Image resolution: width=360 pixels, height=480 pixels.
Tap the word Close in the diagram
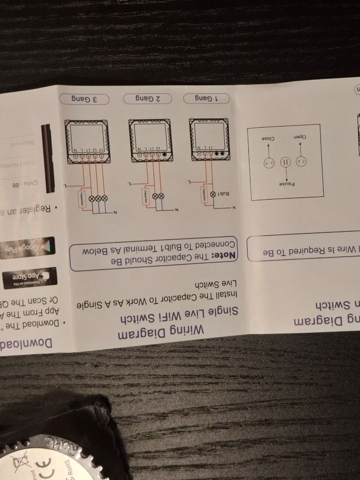tap(268, 138)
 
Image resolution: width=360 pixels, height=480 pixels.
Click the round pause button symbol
tap(284, 162)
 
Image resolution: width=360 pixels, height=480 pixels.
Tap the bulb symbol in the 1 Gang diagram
tap(213, 194)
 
